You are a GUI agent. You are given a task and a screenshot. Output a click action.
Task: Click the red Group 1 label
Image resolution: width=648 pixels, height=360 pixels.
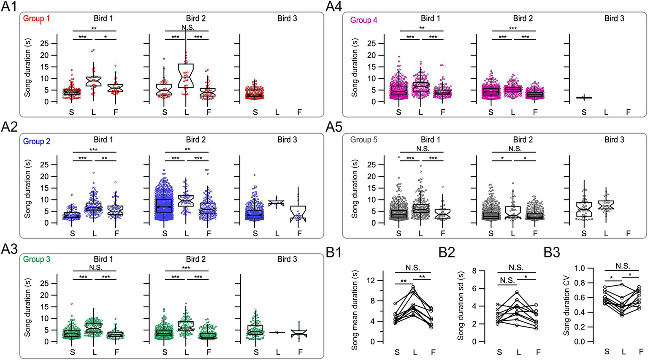pyautogui.click(x=36, y=19)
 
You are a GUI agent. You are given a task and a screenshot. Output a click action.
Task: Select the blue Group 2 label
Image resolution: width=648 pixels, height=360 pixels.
pyautogui.click(x=36, y=141)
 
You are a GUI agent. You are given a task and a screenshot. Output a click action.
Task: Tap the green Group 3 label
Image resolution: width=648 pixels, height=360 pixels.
pyautogui.click(x=36, y=260)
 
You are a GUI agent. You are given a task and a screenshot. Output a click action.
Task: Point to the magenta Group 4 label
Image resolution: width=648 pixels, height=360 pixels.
pyautogui.click(x=364, y=20)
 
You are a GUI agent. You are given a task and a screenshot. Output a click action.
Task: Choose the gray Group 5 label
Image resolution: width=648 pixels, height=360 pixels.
pyautogui.click(x=364, y=140)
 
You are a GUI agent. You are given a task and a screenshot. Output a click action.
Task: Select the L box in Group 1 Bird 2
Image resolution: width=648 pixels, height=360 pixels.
pyautogui.click(x=186, y=76)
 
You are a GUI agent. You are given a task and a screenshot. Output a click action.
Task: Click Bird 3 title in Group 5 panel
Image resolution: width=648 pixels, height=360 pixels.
pyautogui.click(x=614, y=140)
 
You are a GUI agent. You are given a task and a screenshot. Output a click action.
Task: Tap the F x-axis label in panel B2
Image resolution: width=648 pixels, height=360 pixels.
pyautogui.click(x=538, y=352)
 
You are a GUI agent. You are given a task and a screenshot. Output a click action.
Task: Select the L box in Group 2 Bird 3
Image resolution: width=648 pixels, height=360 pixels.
pyautogui.click(x=277, y=203)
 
